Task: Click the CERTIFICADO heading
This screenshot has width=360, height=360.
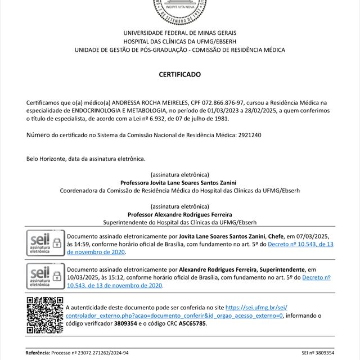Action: coord(179,74)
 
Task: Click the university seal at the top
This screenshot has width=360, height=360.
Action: coord(179,9)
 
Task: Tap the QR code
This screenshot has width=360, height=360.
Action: coord(44,316)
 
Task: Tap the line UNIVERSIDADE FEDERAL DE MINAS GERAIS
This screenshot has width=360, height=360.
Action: coord(179,33)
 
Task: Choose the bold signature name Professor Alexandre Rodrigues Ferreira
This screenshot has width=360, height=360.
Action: coord(179,215)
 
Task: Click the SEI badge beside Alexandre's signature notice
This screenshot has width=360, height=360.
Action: coord(44,276)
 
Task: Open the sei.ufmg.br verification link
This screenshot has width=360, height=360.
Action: coord(256,308)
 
